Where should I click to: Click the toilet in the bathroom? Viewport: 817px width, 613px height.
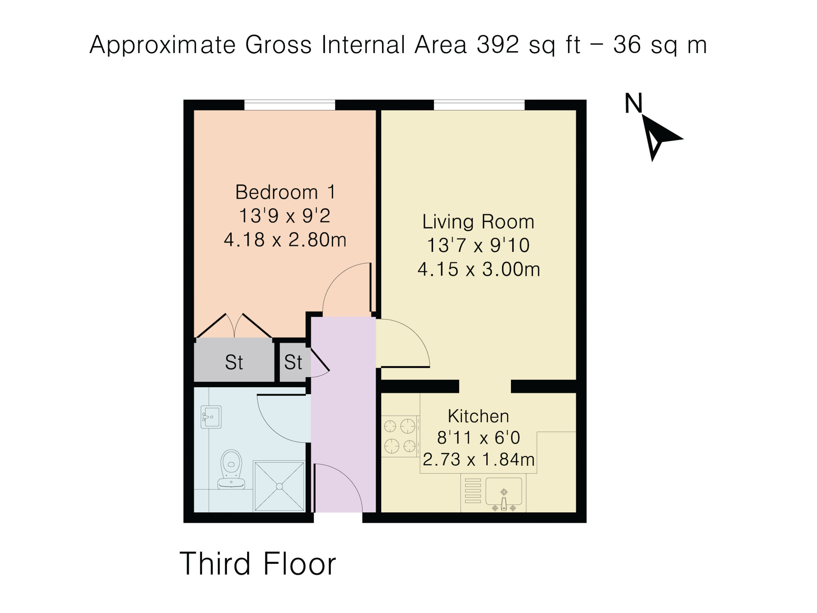pos(231,469)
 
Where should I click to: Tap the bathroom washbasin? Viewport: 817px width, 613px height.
pos(211,417)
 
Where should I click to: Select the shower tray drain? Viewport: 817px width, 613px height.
pos(279,487)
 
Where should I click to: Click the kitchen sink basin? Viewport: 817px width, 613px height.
pos(504,491)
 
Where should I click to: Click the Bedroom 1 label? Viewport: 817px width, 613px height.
pos(286,192)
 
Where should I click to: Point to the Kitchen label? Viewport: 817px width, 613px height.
pos(478,416)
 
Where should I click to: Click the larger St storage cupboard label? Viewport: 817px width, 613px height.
pos(234,362)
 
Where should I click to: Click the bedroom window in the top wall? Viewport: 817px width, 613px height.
pos(289,105)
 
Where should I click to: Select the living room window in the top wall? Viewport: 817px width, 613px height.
pos(479,105)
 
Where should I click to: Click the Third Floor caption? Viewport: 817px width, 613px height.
pos(258,564)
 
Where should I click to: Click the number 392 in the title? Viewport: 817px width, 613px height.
pos(498,45)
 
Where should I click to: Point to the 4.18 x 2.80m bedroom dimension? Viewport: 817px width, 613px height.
pos(285,240)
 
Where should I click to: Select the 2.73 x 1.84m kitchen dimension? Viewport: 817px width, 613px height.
pos(479,460)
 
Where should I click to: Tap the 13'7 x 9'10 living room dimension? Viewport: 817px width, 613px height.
pos(478,245)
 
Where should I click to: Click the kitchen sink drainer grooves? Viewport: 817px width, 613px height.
pos(473,491)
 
